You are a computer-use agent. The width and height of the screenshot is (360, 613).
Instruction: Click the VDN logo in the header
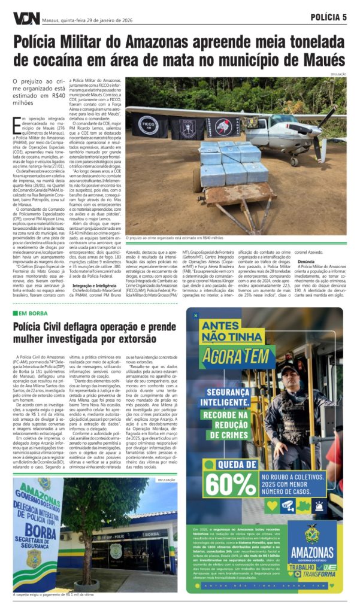[x=26, y=18]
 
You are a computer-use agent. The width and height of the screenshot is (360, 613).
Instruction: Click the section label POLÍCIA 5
[x=328, y=17]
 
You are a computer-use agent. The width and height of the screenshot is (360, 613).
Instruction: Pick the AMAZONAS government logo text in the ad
[x=311, y=553]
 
